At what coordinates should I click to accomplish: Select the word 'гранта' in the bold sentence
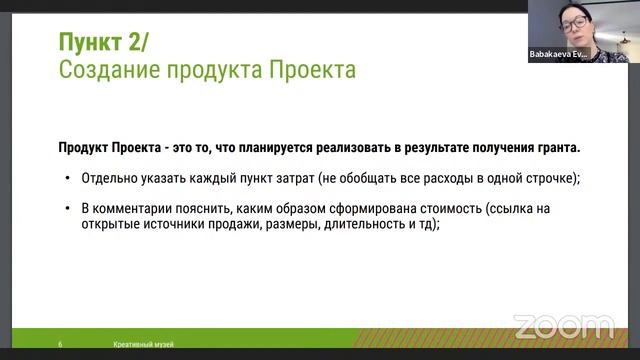(x=555, y=147)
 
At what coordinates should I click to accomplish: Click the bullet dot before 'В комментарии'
(x=68, y=209)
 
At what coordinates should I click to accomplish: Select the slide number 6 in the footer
(x=61, y=345)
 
